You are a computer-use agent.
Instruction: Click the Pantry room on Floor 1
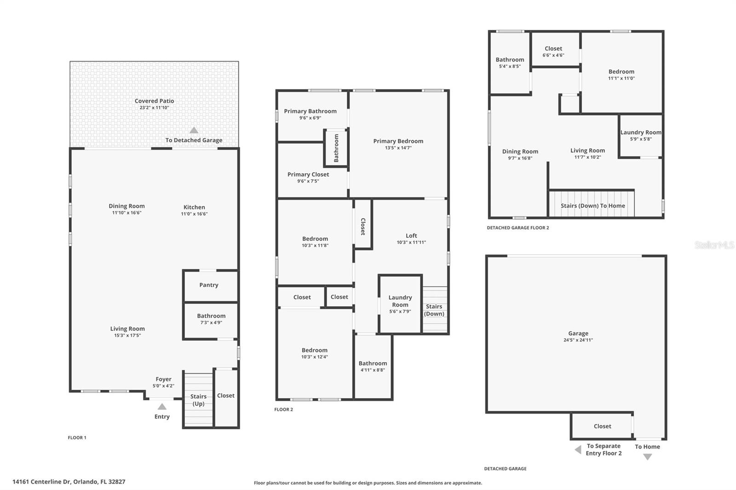[x=209, y=285]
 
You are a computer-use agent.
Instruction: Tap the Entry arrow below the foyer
[x=162, y=407]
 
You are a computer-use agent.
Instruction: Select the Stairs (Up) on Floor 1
[x=198, y=400]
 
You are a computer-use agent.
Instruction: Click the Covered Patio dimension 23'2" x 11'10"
[x=154, y=108]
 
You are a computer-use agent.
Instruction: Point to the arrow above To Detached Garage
[x=194, y=130]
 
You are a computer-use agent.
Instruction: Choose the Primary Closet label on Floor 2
[x=308, y=175]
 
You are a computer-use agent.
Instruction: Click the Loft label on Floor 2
[x=411, y=236]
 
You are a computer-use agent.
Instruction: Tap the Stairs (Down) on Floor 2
[x=434, y=310]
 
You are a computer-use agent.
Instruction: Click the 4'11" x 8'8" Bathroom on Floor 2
[x=373, y=366]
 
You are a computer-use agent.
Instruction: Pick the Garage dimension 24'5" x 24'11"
[x=578, y=340]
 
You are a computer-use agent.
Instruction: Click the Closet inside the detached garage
[x=602, y=427]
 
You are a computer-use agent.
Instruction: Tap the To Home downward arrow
[x=647, y=457]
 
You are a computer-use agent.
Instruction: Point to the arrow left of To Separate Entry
[x=578, y=450]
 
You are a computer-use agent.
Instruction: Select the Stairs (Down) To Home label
[x=592, y=206]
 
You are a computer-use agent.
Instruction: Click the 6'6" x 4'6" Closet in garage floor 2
[x=553, y=51]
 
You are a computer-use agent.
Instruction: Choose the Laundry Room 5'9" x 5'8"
[x=641, y=135]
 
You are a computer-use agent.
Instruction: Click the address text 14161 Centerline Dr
[x=69, y=482]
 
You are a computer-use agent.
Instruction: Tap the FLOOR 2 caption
[x=283, y=410]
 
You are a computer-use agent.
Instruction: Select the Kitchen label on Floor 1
[x=194, y=207]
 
